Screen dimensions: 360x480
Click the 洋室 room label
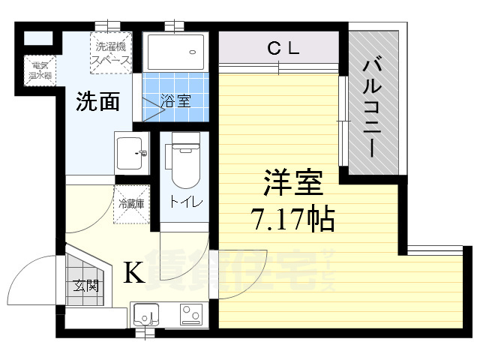(x=292, y=184)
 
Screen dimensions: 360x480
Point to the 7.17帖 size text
(x=292, y=219)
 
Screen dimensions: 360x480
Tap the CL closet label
(x=284, y=49)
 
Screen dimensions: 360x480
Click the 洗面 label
(x=97, y=102)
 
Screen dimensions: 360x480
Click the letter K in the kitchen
(x=133, y=274)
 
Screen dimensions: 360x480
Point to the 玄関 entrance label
(x=85, y=285)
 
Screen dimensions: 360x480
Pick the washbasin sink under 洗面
(x=133, y=153)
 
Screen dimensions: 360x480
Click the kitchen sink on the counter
(x=148, y=314)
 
